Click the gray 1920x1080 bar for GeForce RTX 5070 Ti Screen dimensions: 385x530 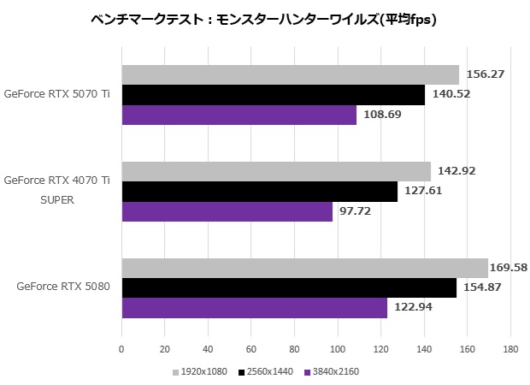pyautogui.click(x=290, y=74)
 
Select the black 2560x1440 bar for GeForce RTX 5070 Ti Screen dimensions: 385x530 pyautogui.click(x=273, y=95)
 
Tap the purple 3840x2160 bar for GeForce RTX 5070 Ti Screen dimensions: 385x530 pyautogui.click(x=238, y=115)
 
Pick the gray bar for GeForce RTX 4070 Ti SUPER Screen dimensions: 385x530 pyautogui.click(x=275, y=171)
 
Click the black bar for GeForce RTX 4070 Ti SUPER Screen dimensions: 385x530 pyautogui.click(x=259, y=192)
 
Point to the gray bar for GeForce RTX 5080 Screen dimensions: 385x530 pyautogui.click(x=304, y=268)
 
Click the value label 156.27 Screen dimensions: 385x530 pyautogui.click(x=484, y=74)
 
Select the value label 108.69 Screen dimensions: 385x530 pyautogui.click(x=381, y=115)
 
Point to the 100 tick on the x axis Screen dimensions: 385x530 pyautogui.click(x=338, y=349)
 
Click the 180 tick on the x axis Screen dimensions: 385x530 pyautogui.click(x=510, y=349)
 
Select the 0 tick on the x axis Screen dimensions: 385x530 pyautogui.click(x=121, y=349)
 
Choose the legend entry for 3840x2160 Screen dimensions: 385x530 pyautogui.click(x=334, y=372)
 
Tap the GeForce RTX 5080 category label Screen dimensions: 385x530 pyautogui.click(x=62, y=287)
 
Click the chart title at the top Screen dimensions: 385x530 pyautogui.click(x=264, y=20)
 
